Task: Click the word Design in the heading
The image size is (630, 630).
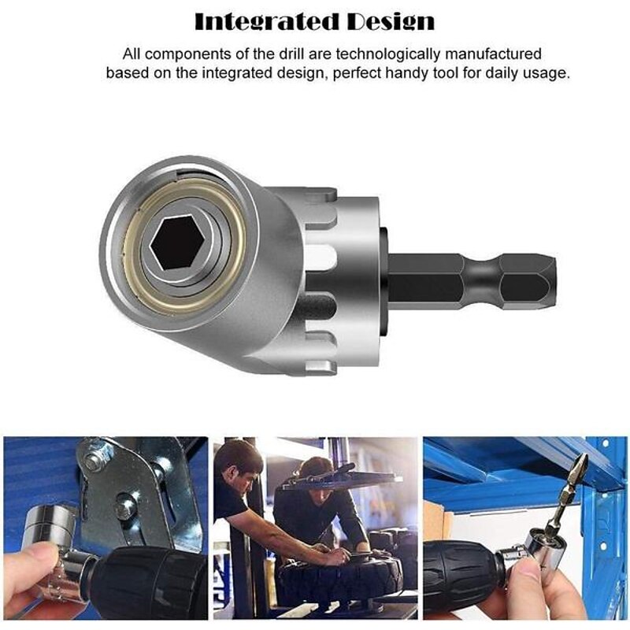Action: (391, 22)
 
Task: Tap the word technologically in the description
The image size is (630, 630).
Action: (388, 54)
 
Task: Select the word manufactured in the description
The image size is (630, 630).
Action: (494, 54)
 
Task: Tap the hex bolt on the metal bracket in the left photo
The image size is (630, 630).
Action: (93, 462)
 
